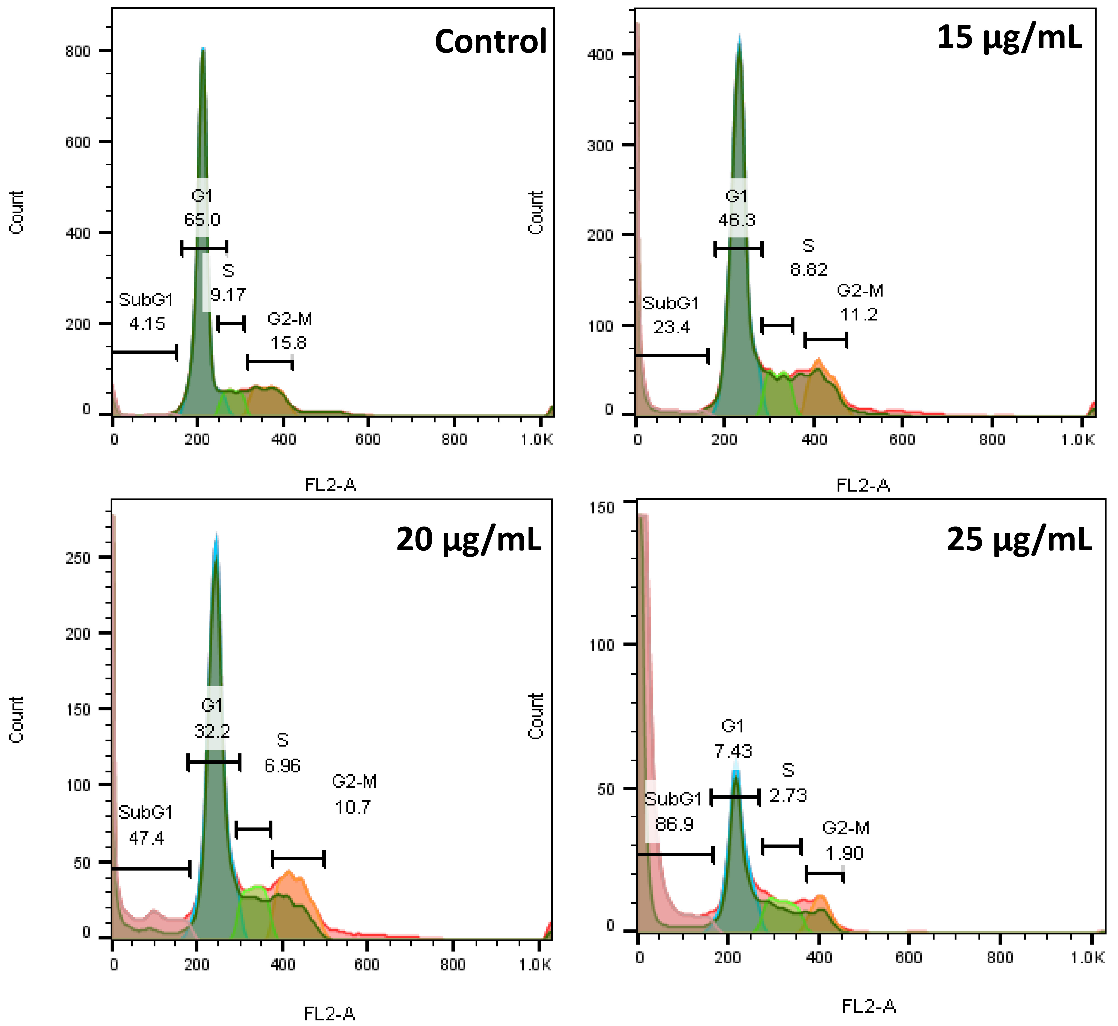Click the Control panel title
491,42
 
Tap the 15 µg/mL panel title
1010,38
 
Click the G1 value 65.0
202,220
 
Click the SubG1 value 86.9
674,824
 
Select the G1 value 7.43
733,751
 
